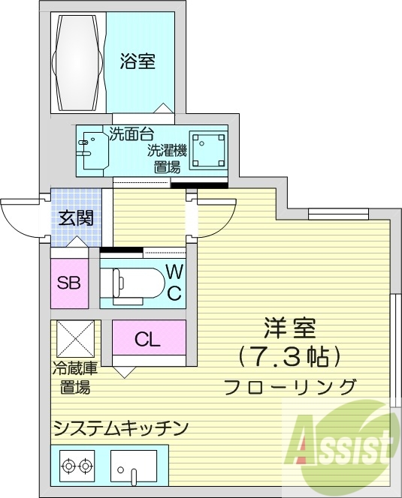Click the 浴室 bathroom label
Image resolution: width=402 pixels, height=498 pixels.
pyautogui.click(x=138, y=62)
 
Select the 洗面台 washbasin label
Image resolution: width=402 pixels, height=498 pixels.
pyautogui.click(x=131, y=135)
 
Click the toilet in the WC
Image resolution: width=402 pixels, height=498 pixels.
pyautogui.click(x=135, y=283)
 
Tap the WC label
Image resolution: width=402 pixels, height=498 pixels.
pyautogui.click(x=173, y=282)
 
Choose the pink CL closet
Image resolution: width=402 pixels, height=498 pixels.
pyautogui.click(x=149, y=339)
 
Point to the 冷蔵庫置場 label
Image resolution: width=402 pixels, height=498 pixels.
pyautogui.click(x=74, y=378)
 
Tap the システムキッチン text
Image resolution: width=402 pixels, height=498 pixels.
pyautogui.click(x=119, y=427)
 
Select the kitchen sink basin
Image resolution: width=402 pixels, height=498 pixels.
pyautogui.click(x=134, y=466)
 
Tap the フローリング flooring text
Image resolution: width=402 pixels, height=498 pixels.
pyautogui.click(x=289, y=387)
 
